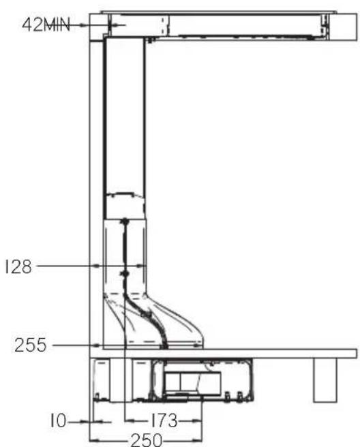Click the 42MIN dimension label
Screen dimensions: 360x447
(x=46, y=25)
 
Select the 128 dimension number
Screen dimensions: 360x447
(x=18, y=267)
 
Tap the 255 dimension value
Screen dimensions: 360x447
(x=30, y=345)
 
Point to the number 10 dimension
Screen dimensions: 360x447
(x=58, y=421)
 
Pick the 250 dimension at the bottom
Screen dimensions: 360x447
(x=146, y=440)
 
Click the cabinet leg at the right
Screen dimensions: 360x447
(x=325, y=380)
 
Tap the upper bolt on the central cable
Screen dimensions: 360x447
(x=125, y=221)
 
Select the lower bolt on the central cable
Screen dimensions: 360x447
(x=124, y=274)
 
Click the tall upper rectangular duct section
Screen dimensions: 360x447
(x=124, y=127)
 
